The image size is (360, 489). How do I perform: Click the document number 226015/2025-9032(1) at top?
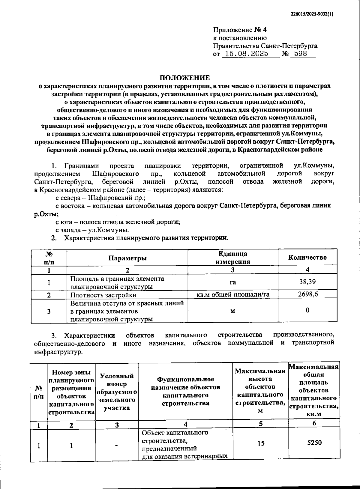click(x=312, y=13)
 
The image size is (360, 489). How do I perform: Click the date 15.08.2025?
click(x=247, y=54)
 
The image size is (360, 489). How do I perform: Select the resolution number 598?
click(x=301, y=54)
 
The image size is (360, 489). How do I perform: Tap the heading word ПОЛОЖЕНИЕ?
click(x=185, y=78)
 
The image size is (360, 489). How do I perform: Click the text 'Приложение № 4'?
click(x=240, y=30)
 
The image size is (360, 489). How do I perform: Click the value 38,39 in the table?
click(x=307, y=282)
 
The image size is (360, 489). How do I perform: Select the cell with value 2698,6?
click(x=308, y=294)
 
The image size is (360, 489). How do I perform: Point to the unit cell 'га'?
click(x=233, y=282)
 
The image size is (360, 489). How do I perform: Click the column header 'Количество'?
click(x=307, y=257)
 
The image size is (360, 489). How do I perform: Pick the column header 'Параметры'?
click(x=127, y=258)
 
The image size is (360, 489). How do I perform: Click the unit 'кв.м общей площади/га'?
click(x=233, y=294)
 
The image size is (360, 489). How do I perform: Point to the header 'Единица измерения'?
click(x=233, y=258)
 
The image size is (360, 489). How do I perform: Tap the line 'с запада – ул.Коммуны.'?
click(x=92, y=230)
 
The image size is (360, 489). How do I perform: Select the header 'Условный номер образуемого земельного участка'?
click(x=117, y=392)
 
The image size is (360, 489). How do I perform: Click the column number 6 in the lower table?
click(x=314, y=423)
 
